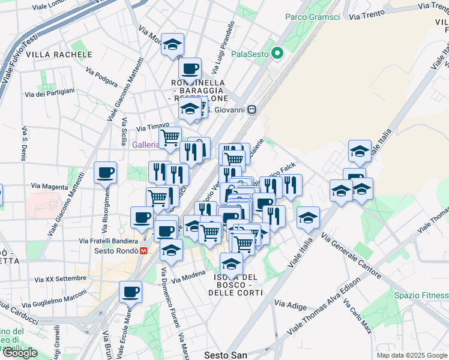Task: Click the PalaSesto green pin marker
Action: tap(277, 54)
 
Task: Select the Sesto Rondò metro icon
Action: tap(143, 251)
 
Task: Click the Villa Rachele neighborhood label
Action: tap(59, 55)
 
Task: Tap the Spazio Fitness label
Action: tap(421, 295)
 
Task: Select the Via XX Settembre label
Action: tap(61, 278)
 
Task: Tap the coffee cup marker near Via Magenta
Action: tap(106, 173)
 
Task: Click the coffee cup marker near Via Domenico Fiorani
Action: tap(130, 292)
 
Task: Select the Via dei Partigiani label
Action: tap(50, 92)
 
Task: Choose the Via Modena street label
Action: tap(188, 278)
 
